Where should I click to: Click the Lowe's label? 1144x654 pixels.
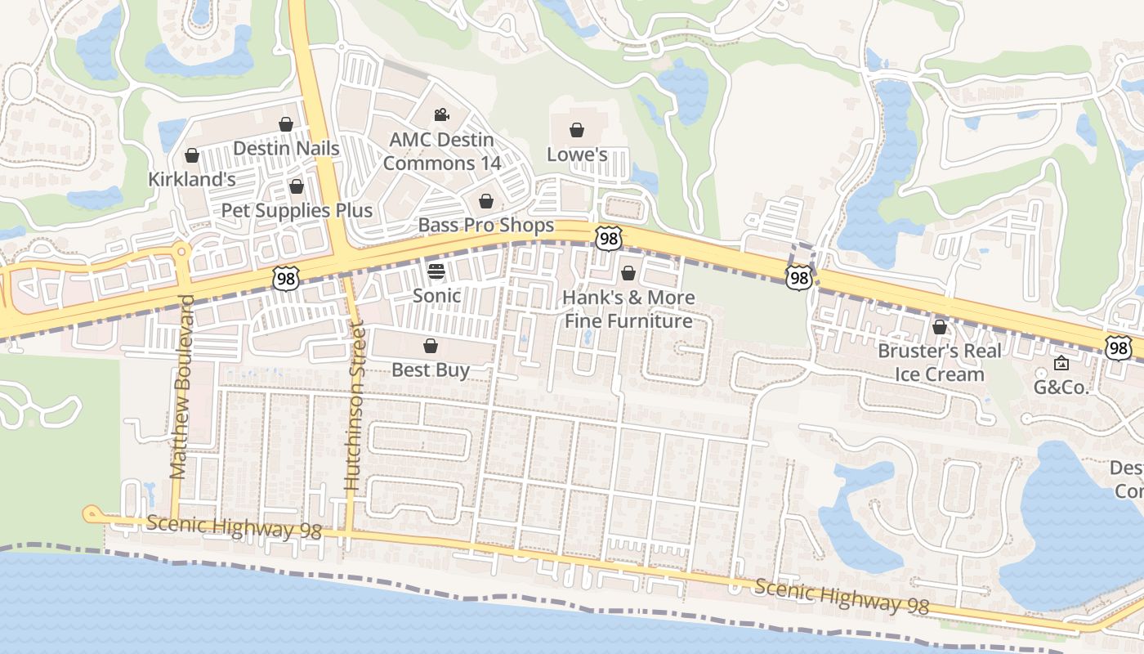(577, 155)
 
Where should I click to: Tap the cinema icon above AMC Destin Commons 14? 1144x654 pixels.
(441, 114)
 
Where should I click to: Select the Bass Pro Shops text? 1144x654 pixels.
(485, 225)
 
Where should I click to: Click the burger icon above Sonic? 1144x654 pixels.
(436, 271)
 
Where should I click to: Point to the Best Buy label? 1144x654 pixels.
(431, 370)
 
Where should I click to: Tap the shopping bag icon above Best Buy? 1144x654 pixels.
(431, 346)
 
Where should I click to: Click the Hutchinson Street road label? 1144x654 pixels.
(353, 406)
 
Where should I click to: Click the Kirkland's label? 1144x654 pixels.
(192, 179)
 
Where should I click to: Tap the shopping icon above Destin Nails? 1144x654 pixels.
(286, 124)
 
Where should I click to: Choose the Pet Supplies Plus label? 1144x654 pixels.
(297, 210)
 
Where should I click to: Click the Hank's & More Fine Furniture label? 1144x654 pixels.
(628, 309)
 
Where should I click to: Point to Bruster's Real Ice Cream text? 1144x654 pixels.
(940, 362)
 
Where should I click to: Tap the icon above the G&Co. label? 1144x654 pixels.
(1061, 363)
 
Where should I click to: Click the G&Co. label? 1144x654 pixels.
(1061, 387)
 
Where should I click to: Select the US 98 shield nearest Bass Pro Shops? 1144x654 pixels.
(608, 238)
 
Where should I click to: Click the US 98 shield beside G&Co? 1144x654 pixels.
(1119, 348)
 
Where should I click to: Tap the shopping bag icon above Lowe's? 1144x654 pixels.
(577, 130)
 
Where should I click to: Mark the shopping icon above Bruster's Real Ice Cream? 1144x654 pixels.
(940, 327)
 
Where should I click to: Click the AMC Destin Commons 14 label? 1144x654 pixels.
(441, 151)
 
